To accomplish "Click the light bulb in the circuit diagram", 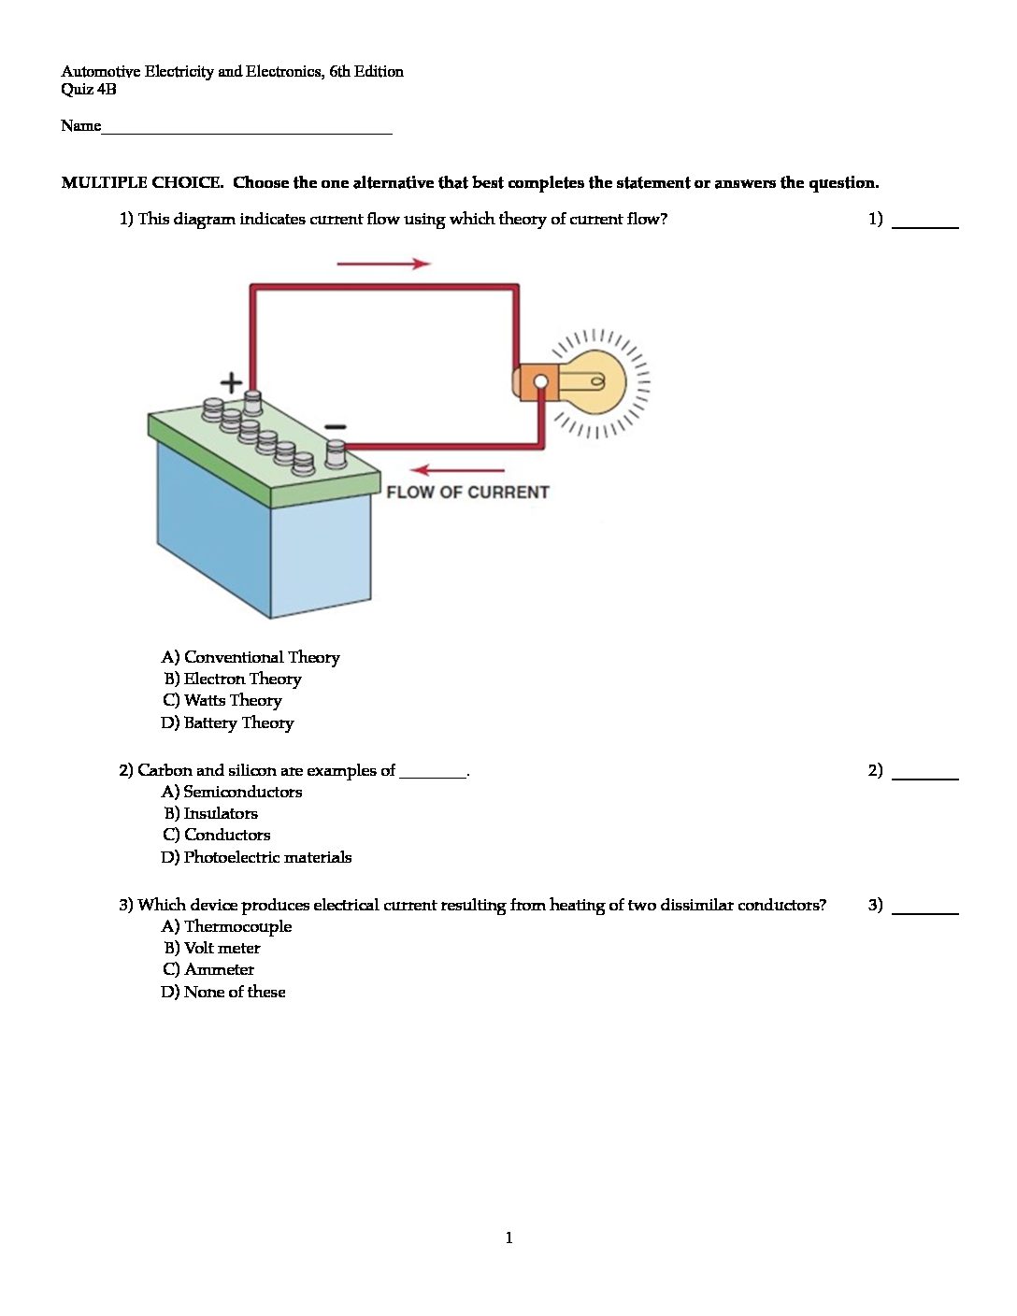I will click(594, 381).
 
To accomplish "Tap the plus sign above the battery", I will click(231, 381).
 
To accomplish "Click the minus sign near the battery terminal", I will click(335, 426).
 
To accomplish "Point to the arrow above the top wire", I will click(383, 264).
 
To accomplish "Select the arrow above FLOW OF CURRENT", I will click(458, 469).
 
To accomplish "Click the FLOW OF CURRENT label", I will click(467, 493).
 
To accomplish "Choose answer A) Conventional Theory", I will click(251, 657).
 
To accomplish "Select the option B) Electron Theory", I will click(233, 679).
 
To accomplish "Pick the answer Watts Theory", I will click(222, 701).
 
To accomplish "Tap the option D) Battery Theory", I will click(227, 723).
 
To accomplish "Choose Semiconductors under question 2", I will click(232, 793).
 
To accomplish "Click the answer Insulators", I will click(211, 814).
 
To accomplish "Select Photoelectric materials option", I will click(256, 858).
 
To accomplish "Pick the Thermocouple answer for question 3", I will click(226, 927).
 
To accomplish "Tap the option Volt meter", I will click(212, 949).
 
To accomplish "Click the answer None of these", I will click(223, 993).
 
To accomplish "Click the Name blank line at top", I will click(247, 130).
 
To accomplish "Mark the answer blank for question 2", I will click(925, 773).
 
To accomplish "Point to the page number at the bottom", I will click(508, 1238).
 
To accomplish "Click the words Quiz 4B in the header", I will click(89, 90).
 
